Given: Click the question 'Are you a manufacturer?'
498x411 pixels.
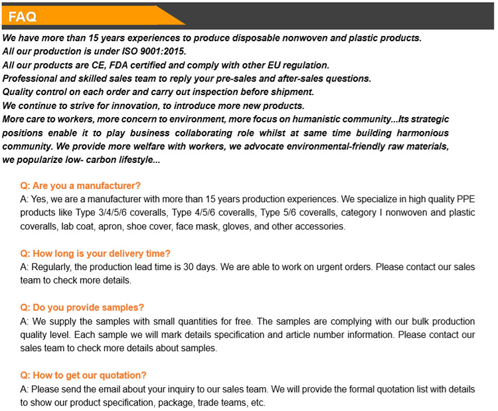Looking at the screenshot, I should point(80,186).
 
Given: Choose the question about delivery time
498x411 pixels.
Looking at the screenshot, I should point(96,253).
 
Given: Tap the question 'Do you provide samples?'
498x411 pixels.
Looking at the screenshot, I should point(82,307).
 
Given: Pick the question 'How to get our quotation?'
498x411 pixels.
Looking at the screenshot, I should point(84,375).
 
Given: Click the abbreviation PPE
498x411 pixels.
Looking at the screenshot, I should point(465,199).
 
